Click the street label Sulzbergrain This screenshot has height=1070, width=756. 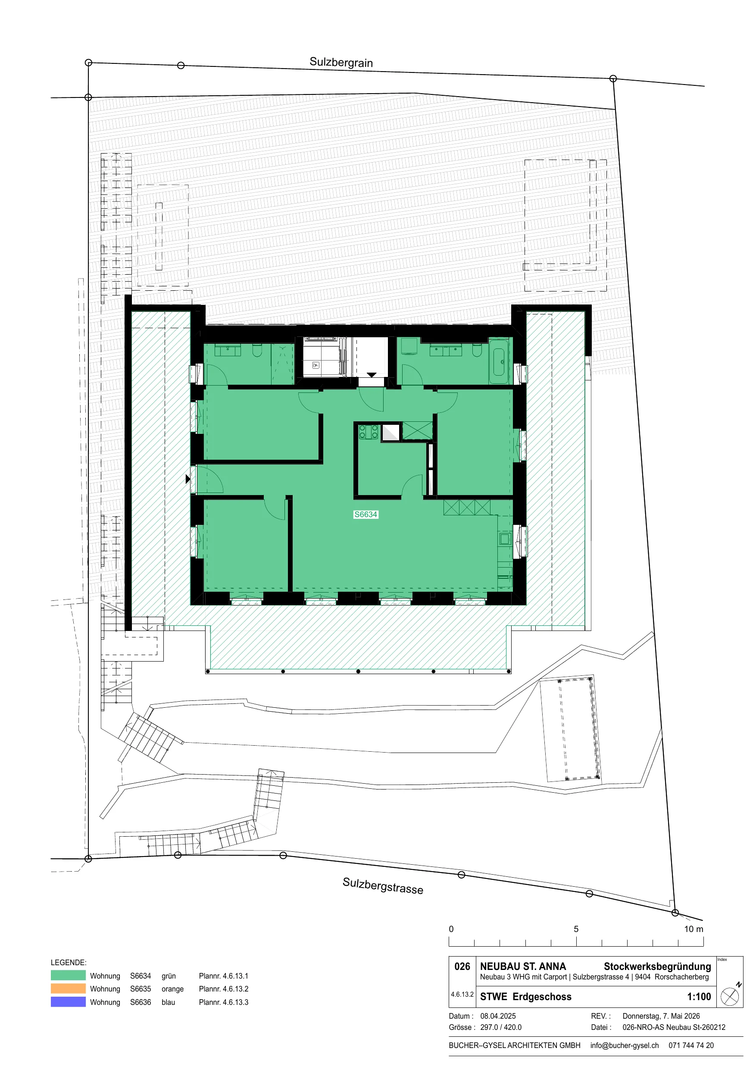tap(341, 63)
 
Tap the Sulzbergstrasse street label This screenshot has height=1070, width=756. tap(383, 885)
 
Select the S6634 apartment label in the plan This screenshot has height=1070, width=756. tap(366, 515)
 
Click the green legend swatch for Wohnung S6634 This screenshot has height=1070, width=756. tap(68, 976)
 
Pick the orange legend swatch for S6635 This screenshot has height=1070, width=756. tap(68, 988)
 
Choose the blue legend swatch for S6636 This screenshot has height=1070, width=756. tap(68, 1001)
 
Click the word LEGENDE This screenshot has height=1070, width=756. tap(69, 962)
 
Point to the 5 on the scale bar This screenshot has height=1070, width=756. tap(576, 929)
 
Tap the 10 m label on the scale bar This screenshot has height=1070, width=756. tap(694, 929)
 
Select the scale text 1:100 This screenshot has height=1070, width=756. tap(699, 996)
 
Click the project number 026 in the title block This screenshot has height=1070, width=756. tap(462, 966)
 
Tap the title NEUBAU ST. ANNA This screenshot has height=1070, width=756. tap(523, 966)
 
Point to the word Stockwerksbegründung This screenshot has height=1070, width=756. tap(657, 966)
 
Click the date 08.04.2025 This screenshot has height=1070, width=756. tap(498, 1016)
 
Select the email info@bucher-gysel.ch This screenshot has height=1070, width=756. tap(624, 1045)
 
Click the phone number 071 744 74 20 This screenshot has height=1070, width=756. tap(691, 1045)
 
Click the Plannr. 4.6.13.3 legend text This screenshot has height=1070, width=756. tap(223, 1002)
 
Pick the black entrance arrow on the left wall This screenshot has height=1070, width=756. tap(188, 479)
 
